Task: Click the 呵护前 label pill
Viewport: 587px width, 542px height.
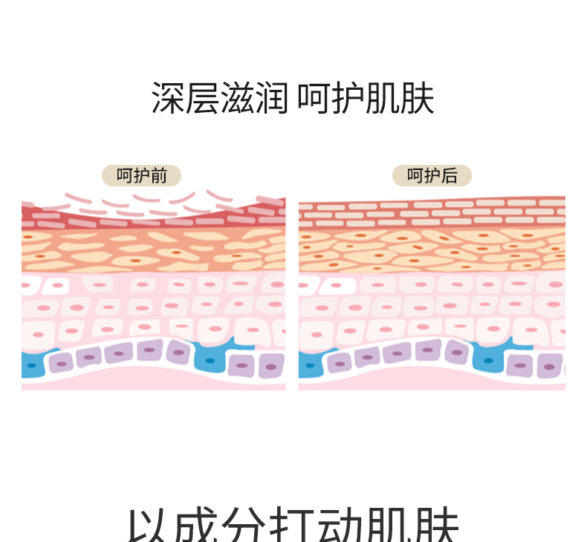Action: coord(141,176)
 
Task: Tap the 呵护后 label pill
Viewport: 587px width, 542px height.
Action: coord(432,176)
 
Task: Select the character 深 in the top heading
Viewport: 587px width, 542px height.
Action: coord(168,99)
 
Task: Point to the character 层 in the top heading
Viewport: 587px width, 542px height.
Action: coord(203,99)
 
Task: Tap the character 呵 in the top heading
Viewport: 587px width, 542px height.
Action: coord(314,99)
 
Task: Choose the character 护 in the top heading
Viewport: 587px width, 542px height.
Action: coord(348,99)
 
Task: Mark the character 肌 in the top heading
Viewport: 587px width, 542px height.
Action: coord(383,99)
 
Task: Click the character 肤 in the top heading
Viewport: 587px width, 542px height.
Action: coord(418,99)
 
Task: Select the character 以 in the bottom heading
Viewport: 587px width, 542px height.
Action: coord(146,526)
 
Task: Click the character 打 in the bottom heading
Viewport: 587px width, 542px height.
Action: coord(293,526)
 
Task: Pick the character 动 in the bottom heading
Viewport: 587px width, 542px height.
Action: coord(342,526)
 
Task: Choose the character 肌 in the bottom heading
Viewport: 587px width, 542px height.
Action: coord(390,526)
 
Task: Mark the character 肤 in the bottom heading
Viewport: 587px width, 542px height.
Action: coord(438,526)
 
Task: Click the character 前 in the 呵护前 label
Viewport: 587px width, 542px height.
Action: coord(158,176)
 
